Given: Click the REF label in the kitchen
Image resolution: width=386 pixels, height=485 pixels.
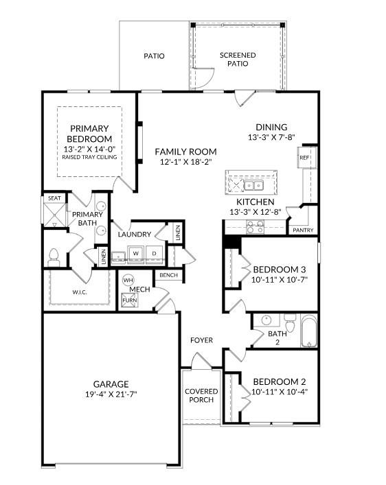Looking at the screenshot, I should tap(304, 158).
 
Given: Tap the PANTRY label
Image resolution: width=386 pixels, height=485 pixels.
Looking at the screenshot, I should tap(303, 230).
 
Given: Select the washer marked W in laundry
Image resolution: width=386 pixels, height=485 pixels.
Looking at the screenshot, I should tap(135, 253).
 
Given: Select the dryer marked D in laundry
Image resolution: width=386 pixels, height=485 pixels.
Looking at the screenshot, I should tap(154, 253).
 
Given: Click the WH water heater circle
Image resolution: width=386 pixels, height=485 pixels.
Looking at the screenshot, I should tap(128, 280).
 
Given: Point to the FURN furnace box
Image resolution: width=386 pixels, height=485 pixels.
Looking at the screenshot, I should tap(128, 300).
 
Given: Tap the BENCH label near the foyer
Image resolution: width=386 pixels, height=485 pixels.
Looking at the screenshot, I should tap(168, 275).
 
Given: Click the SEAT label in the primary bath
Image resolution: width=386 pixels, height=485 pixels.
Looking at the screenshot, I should tap(54, 198).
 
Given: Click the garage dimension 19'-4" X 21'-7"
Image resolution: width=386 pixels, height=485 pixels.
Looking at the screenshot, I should tap(111, 394).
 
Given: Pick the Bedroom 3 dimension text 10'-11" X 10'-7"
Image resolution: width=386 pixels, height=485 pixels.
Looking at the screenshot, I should tap(279, 279).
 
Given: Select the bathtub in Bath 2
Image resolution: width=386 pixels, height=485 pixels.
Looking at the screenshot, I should tap(309, 331).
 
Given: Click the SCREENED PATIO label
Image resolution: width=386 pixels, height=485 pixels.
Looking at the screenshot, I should tap(238, 59).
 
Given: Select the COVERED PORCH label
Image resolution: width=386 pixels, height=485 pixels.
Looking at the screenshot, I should tap(201, 396).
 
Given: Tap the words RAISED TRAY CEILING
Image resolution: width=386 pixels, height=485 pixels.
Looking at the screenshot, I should tap(89, 157).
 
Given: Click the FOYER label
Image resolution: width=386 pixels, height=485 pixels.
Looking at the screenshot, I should tap(201, 340).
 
